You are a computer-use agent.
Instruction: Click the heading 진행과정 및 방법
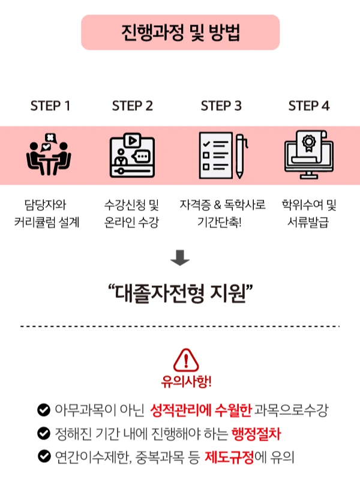point(180,32)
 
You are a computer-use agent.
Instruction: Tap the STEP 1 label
point(50,106)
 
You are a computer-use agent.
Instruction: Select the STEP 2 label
point(133,106)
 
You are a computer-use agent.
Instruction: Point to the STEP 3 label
point(221,106)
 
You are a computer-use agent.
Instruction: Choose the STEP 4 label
point(309,106)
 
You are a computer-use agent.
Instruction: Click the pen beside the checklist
point(239,155)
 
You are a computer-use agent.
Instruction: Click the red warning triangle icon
point(186,360)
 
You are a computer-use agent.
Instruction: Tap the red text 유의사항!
point(186,381)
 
